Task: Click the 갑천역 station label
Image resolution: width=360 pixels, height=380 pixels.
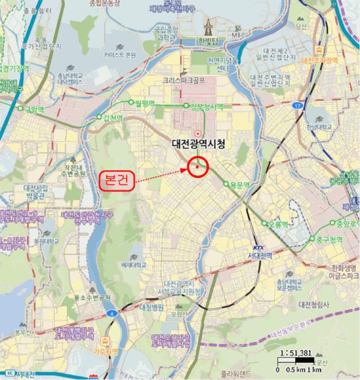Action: [x=113, y=118]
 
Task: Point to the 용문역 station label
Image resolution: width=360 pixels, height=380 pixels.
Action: [x=239, y=185]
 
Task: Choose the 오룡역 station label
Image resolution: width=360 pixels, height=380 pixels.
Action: [x=277, y=224]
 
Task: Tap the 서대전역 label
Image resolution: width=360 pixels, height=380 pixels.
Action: [x=259, y=255]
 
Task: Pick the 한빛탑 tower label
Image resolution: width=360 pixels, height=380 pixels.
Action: [x=207, y=41]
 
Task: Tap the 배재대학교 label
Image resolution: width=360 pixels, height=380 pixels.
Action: [x=134, y=264]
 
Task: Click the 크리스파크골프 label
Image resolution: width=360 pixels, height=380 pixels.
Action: [x=184, y=80]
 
